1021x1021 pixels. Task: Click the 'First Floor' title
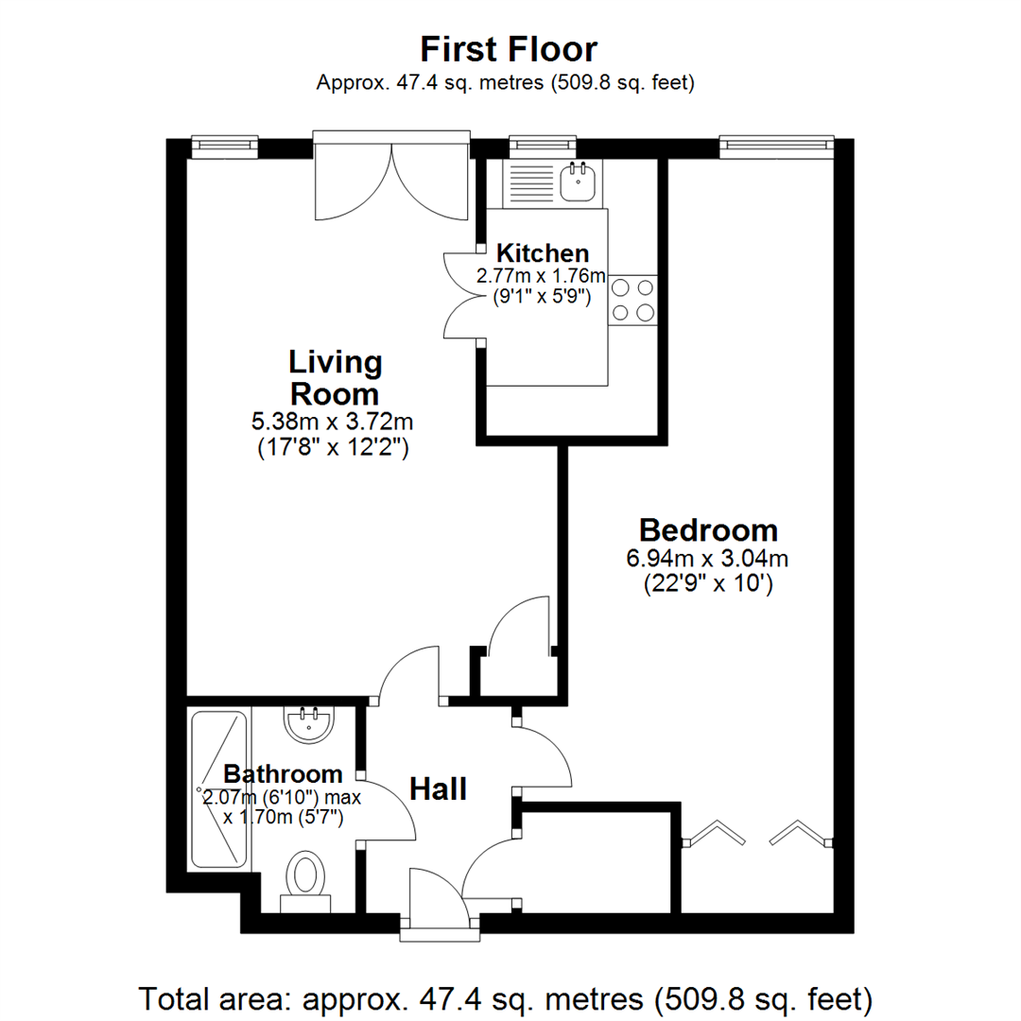pyautogui.click(x=509, y=48)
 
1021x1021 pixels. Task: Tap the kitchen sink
pyautogui.click(x=576, y=182)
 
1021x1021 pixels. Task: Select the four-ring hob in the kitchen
pyautogui.click(x=633, y=299)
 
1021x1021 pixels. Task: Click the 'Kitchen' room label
pyautogui.click(x=543, y=253)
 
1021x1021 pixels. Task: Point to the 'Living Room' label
pyautogui.click(x=335, y=377)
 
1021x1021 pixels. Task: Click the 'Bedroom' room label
pyautogui.click(x=708, y=528)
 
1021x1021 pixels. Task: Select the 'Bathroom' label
pyautogui.click(x=283, y=773)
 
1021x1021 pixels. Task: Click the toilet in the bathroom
pyautogui.click(x=306, y=879)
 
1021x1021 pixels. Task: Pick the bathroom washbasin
pyautogui.click(x=308, y=724)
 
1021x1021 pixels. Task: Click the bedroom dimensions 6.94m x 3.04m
pyautogui.click(x=707, y=558)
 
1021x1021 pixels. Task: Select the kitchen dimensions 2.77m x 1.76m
pyautogui.click(x=540, y=276)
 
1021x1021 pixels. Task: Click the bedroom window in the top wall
pyautogui.click(x=775, y=145)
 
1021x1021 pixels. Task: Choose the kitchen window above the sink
pyautogui.click(x=542, y=145)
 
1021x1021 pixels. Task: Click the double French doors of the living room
pyautogui.click(x=390, y=175)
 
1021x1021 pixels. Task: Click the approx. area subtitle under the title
pyautogui.click(x=507, y=82)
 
